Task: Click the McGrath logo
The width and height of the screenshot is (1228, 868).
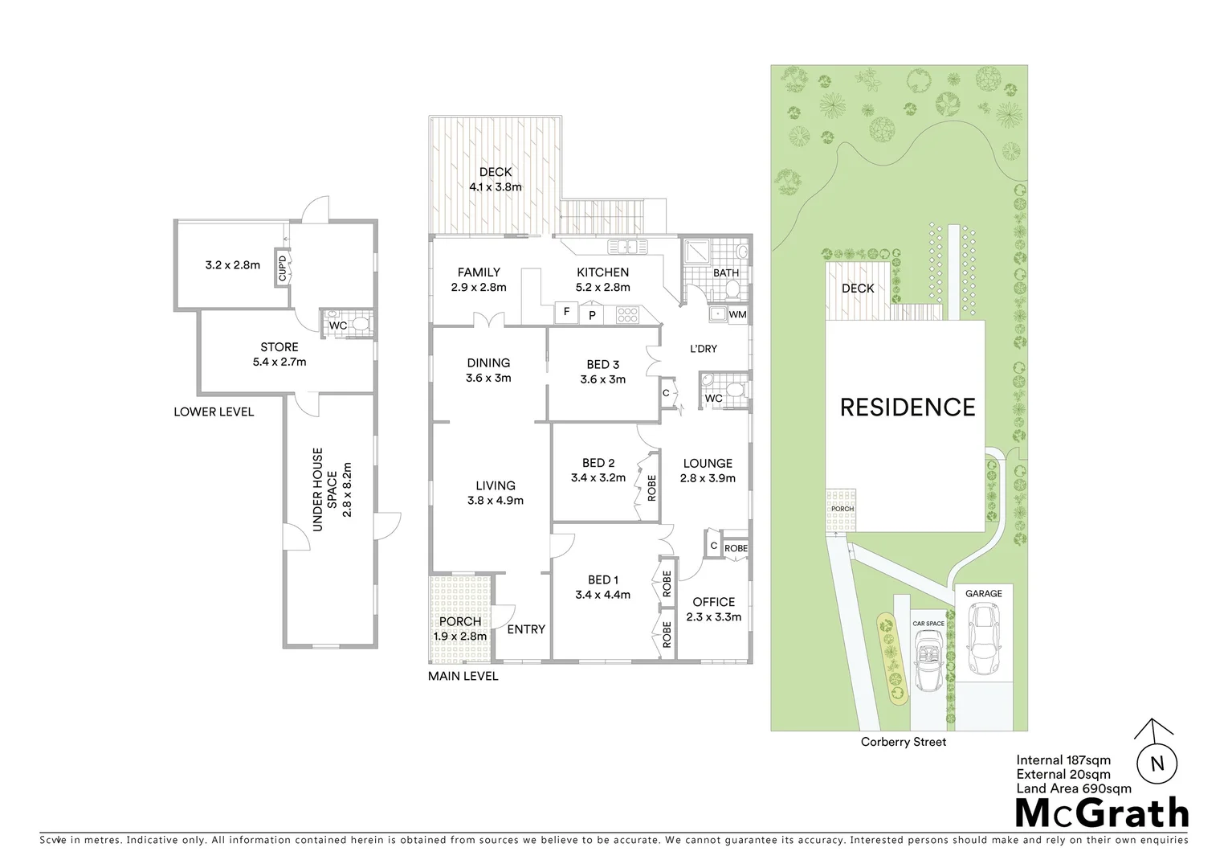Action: (x=1102, y=813)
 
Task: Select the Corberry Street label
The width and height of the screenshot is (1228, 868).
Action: (x=903, y=742)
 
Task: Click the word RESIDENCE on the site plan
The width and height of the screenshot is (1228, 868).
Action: (x=907, y=407)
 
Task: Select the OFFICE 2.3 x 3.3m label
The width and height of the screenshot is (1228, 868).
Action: (x=713, y=609)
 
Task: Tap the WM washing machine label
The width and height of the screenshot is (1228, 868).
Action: (x=737, y=314)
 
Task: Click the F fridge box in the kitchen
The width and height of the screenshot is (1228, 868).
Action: (x=566, y=312)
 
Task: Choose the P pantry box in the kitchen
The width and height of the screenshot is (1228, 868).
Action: (x=592, y=315)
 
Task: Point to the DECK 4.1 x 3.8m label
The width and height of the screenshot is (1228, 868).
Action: (x=496, y=179)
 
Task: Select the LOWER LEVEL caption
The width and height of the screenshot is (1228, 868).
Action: (x=214, y=411)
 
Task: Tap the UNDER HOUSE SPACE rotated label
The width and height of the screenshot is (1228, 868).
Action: (x=332, y=489)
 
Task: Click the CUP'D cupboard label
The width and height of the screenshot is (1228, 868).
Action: (x=282, y=267)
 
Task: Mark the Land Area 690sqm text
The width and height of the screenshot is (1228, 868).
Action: (x=1074, y=788)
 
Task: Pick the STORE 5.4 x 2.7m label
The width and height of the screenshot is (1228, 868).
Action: (x=279, y=354)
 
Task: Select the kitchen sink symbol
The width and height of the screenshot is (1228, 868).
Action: (x=622, y=247)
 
